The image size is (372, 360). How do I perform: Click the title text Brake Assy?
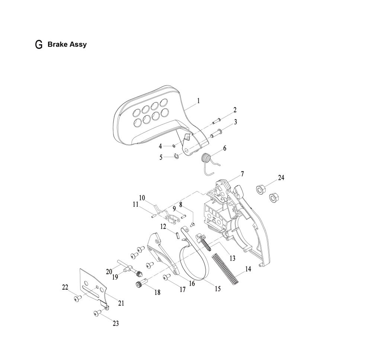point(67,44)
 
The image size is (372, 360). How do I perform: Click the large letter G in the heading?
point(39,45)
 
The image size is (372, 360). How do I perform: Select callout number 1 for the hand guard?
point(198,101)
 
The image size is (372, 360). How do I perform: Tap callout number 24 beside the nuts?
point(281,178)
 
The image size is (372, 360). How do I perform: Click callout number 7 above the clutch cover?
point(242,174)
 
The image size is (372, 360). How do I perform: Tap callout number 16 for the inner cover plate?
point(192,283)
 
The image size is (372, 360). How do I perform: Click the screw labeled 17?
point(167,276)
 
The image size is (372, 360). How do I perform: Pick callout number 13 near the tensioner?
point(232,258)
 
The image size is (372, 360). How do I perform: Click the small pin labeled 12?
point(178,235)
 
